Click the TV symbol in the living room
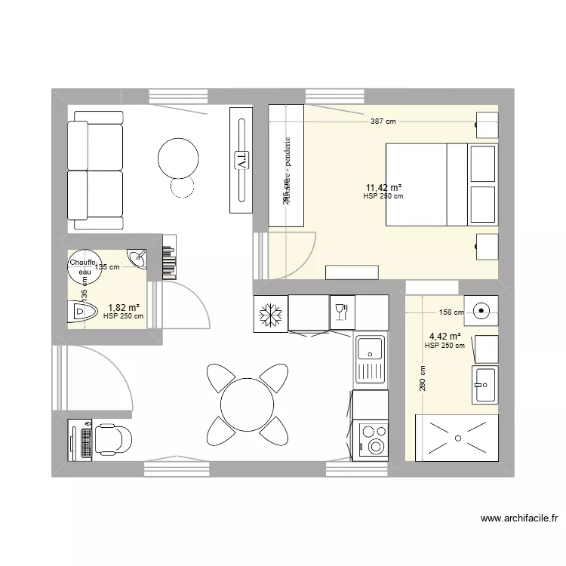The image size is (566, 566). pyautogui.click(x=241, y=160)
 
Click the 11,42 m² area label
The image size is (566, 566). pyautogui.click(x=383, y=188)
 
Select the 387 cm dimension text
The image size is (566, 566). pyautogui.click(x=383, y=121)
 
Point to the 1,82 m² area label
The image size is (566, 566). pyautogui.click(x=124, y=308)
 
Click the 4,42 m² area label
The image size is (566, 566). pyautogui.click(x=445, y=337)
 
